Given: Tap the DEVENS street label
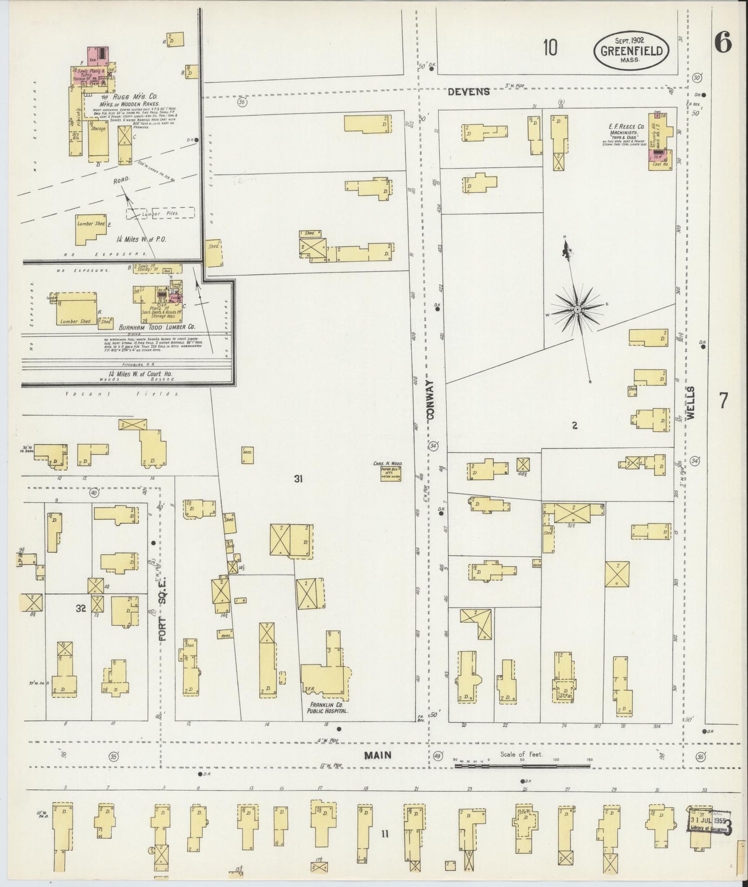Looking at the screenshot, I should click(x=468, y=92).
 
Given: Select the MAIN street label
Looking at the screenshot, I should click(x=377, y=755).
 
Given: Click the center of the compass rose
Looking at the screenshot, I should click(x=577, y=309).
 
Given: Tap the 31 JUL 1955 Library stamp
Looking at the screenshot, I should click(x=708, y=824).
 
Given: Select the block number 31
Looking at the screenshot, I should click(x=298, y=479).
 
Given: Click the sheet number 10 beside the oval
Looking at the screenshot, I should click(x=550, y=48).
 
